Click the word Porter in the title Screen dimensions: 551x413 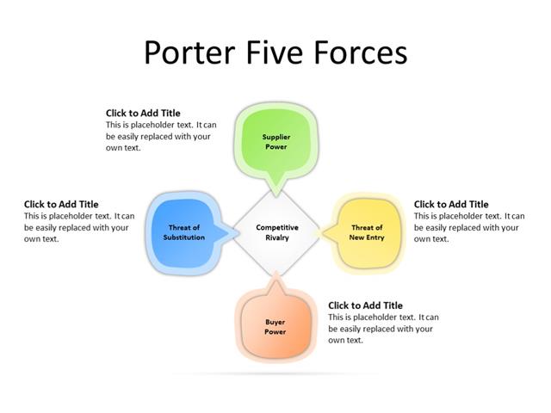[183, 52]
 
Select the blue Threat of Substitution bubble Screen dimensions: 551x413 [184, 231]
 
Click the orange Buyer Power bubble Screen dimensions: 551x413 [275, 327]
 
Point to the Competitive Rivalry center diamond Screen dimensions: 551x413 [276, 231]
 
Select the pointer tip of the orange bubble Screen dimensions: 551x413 [275, 274]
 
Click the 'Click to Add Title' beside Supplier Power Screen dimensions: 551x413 [143, 113]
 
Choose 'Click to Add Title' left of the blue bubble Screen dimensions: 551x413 [61, 205]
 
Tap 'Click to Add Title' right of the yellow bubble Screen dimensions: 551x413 [451, 205]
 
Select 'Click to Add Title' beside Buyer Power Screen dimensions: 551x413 [365, 305]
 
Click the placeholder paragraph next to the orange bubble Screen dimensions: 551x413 [383, 329]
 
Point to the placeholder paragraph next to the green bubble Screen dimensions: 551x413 [161, 136]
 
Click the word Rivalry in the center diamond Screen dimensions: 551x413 [277, 237]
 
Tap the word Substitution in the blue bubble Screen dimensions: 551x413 [184, 237]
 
